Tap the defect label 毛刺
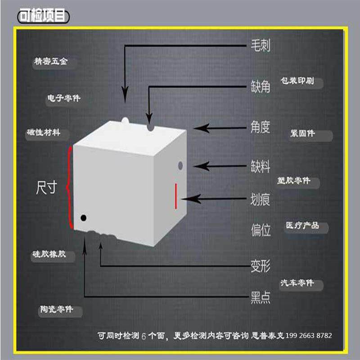261,46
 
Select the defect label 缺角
261,86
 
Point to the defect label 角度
261,127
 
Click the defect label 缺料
261,166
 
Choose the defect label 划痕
261,199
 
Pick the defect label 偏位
261,230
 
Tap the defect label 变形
261,266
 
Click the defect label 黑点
261,297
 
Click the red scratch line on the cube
175,196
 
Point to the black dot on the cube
83,218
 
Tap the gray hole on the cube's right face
180,165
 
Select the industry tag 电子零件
64,98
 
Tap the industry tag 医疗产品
302,225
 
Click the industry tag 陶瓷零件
55,310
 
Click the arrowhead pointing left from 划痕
186,199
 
